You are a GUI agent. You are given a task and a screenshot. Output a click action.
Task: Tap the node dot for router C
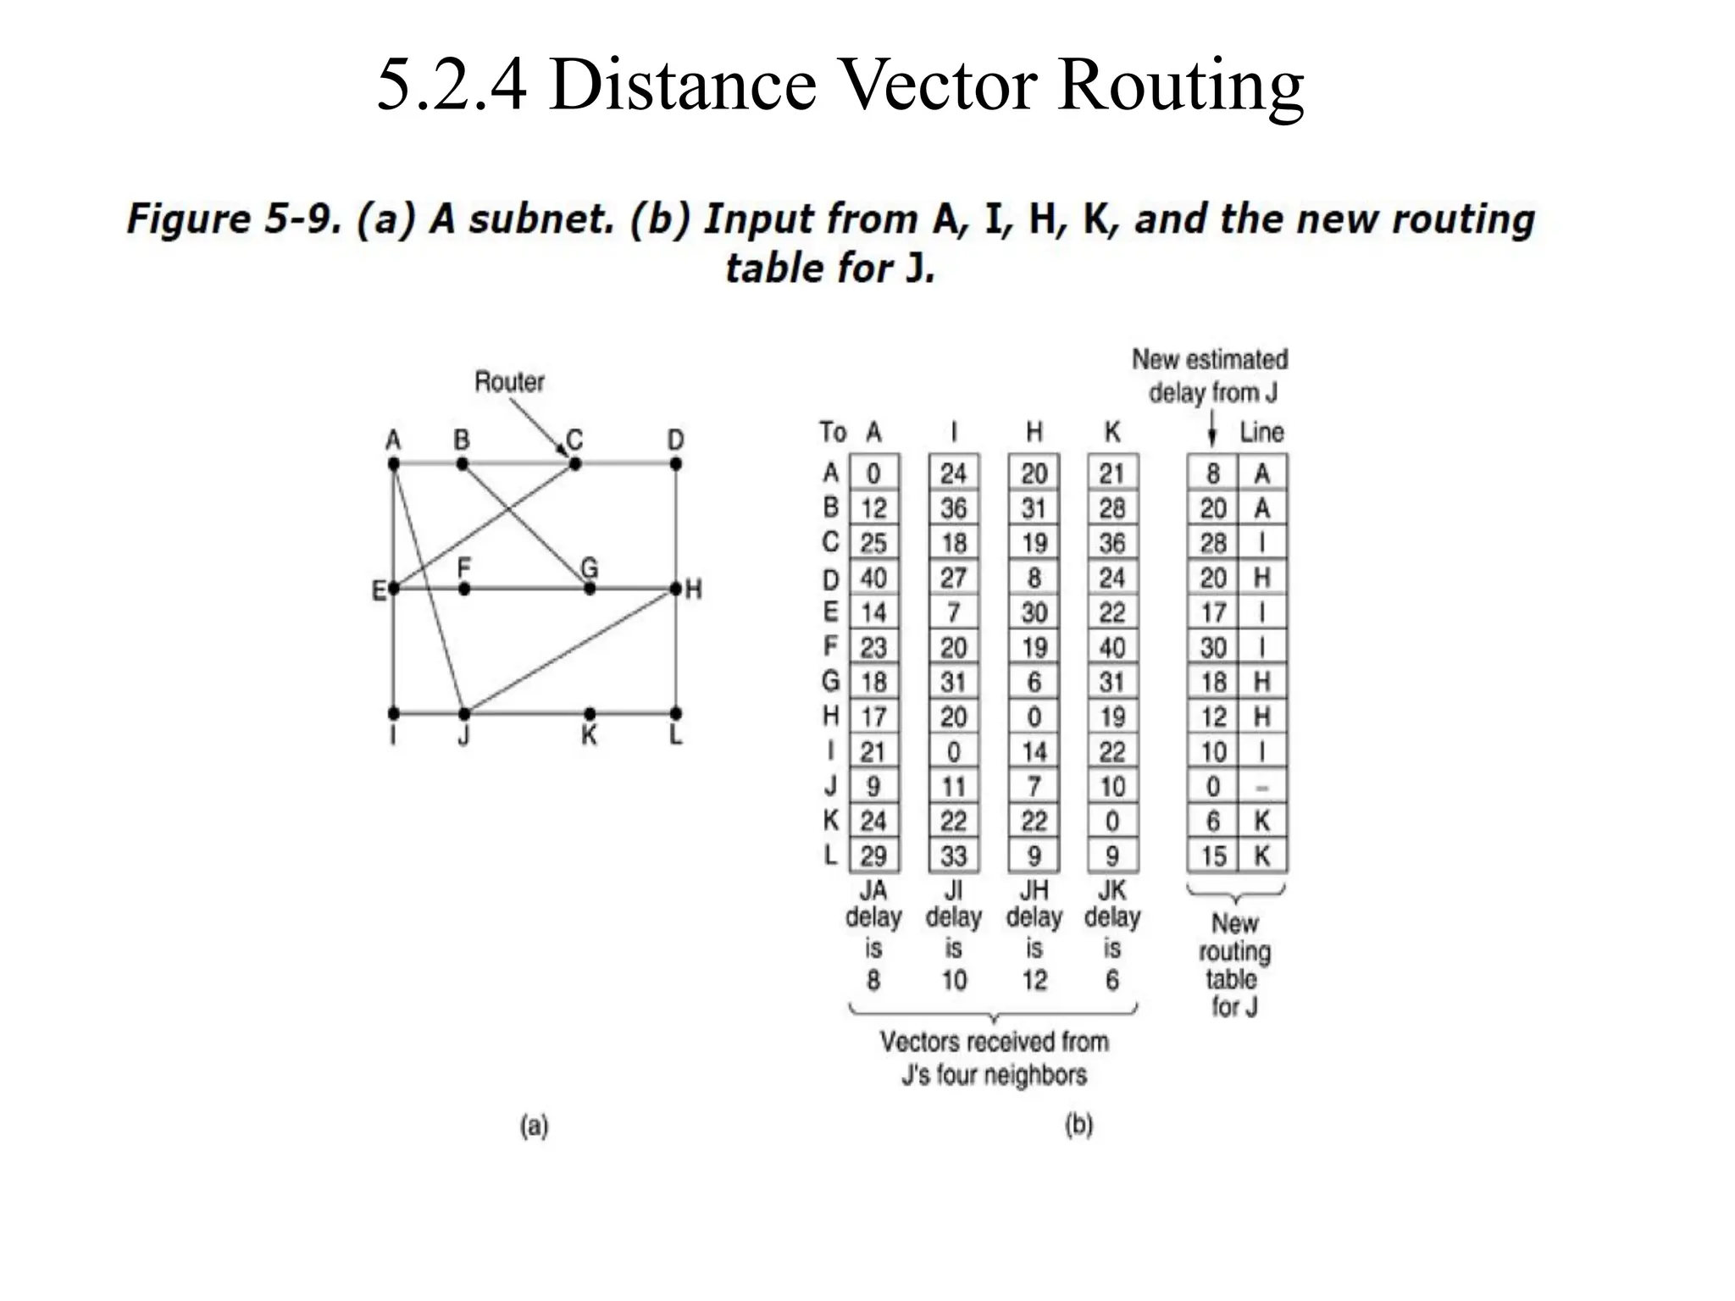575,463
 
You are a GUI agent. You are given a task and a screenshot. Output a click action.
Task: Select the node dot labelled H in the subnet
675,588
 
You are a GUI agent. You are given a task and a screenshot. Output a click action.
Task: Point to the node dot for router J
463,713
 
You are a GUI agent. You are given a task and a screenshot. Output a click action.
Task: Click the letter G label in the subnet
589,567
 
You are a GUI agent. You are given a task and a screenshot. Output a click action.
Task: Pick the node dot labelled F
463,588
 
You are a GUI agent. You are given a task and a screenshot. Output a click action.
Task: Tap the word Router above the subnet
509,382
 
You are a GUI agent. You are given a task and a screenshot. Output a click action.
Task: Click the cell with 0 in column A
873,473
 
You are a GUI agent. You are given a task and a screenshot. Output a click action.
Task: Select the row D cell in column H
1034,578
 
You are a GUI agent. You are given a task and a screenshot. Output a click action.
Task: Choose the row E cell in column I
953,612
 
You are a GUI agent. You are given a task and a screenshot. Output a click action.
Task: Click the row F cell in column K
1112,647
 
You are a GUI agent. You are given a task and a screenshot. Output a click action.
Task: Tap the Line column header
1261,433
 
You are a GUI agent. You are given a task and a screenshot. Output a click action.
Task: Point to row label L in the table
830,855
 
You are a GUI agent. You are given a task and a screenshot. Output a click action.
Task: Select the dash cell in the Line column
1261,787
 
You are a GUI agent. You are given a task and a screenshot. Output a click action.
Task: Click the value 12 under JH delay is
1034,980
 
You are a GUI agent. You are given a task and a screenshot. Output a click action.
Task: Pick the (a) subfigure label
534,1126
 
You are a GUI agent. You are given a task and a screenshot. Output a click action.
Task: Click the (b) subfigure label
1078,1126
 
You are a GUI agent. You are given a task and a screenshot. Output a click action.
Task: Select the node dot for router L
675,713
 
